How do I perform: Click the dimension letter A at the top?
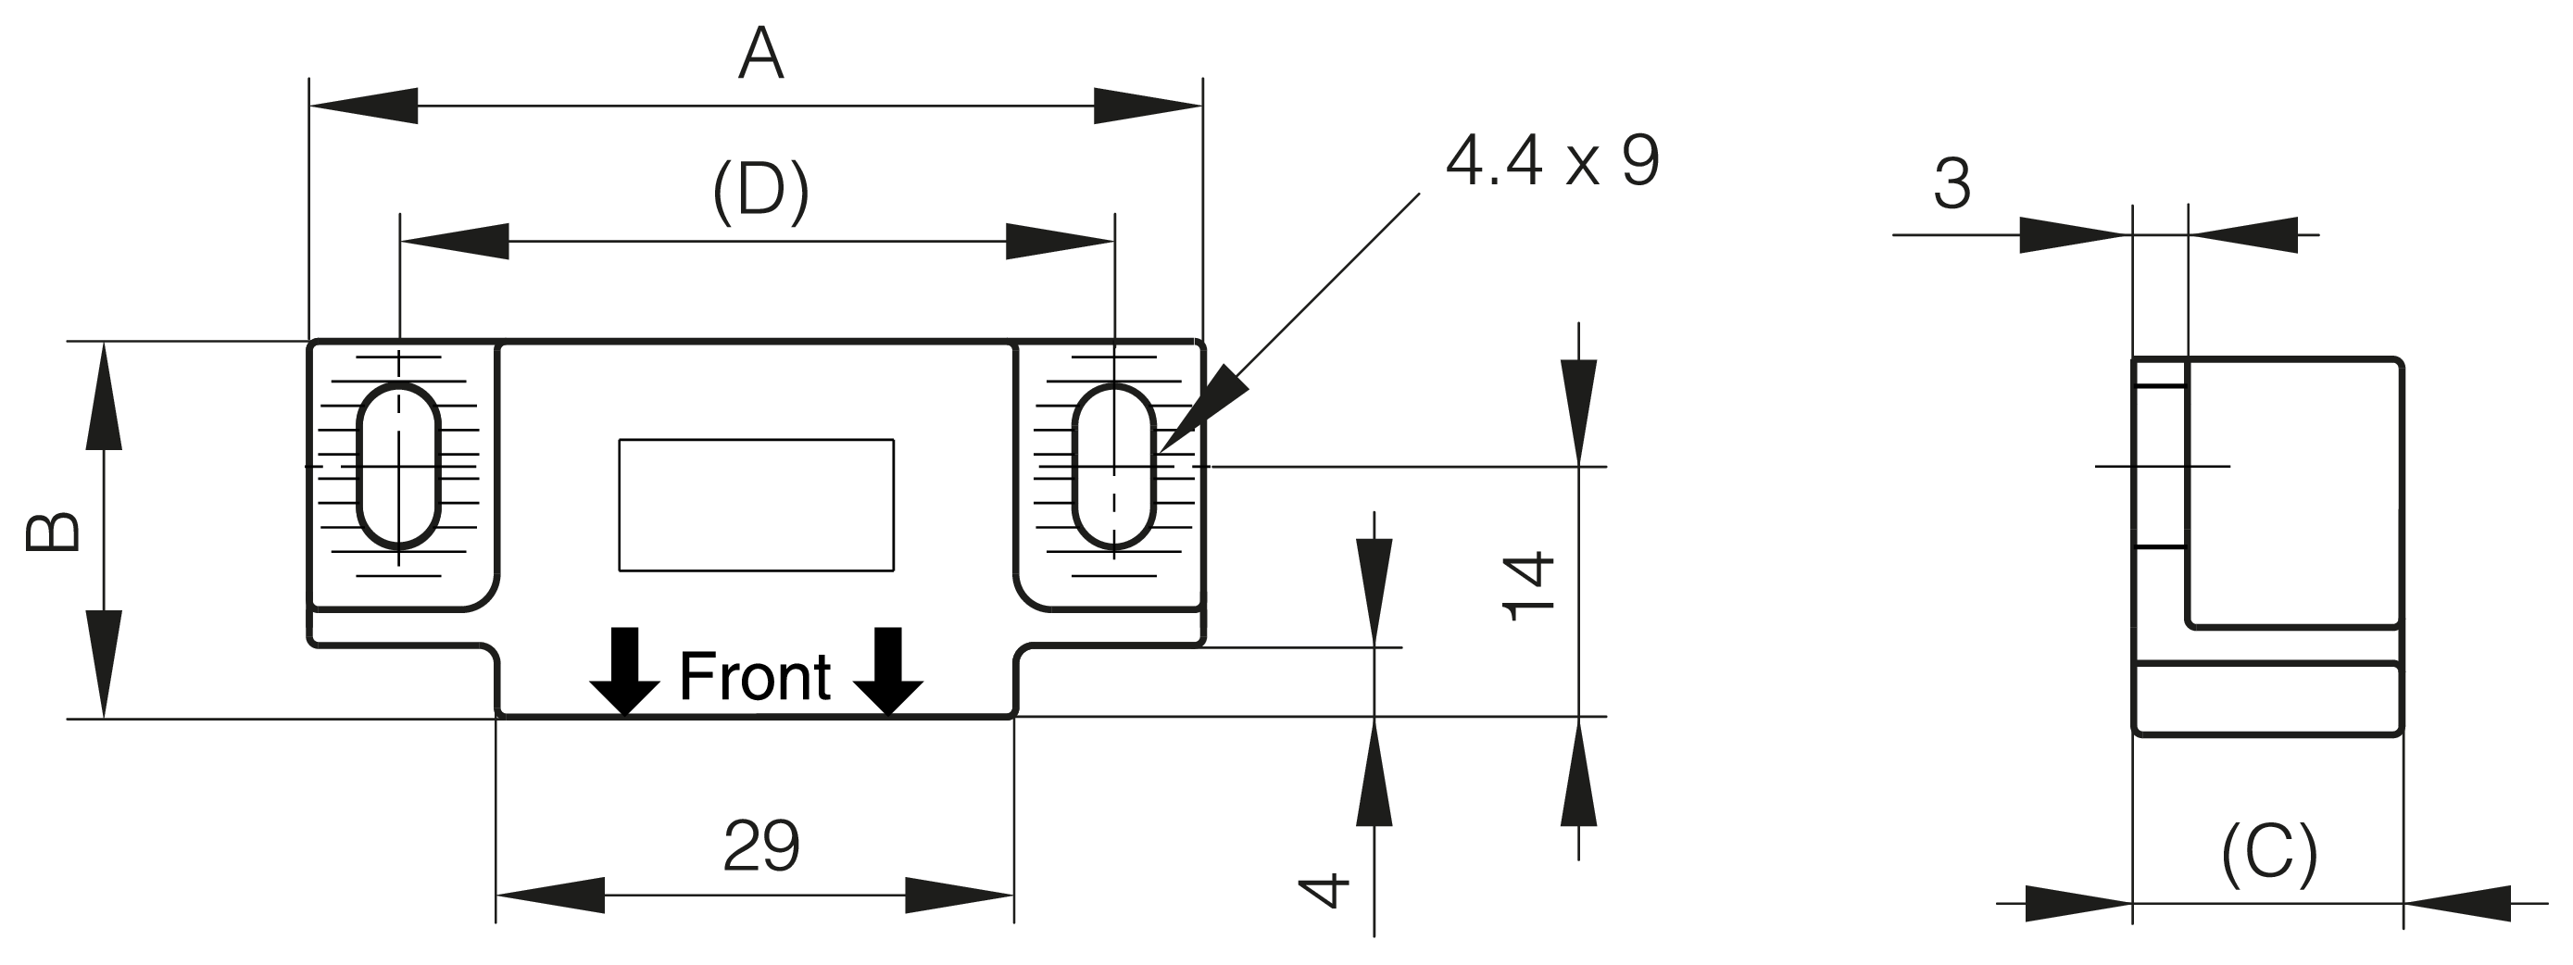(x=760, y=54)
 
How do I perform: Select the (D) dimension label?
(x=760, y=191)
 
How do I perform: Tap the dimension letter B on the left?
(x=53, y=532)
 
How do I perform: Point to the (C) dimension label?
(x=2268, y=855)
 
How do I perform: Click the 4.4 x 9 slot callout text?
(x=1552, y=160)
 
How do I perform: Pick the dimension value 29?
(x=761, y=846)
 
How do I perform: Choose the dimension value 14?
(x=1529, y=585)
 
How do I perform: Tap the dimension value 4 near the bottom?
(x=1324, y=891)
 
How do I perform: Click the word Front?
(x=754, y=677)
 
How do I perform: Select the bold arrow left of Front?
(x=625, y=671)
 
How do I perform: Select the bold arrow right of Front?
(x=888, y=671)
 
